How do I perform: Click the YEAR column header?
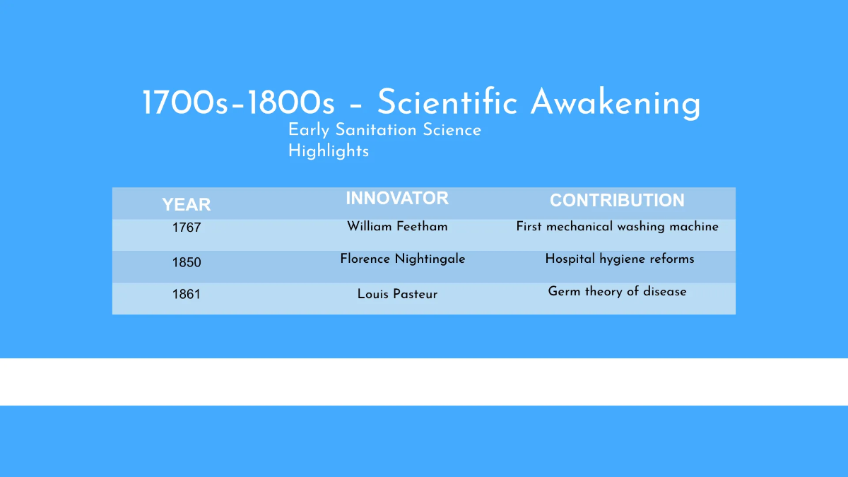(187, 205)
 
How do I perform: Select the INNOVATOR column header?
(397, 199)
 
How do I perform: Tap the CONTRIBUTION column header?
(617, 201)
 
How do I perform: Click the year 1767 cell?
(187, 228)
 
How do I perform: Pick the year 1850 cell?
(187, 262)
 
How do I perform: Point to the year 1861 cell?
(187, 294)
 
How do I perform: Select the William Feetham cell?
(397, 227)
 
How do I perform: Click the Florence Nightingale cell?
(403, 259)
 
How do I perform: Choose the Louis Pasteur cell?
(397, 294)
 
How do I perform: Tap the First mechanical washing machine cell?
(617, 227)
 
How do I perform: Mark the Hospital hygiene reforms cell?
(620, 259)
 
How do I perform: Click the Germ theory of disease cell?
(617, 291)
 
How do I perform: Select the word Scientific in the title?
(448, 103)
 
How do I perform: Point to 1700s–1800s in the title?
(238, 103)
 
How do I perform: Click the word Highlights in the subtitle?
(329, 151)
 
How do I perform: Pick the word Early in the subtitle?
(310, 130)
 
